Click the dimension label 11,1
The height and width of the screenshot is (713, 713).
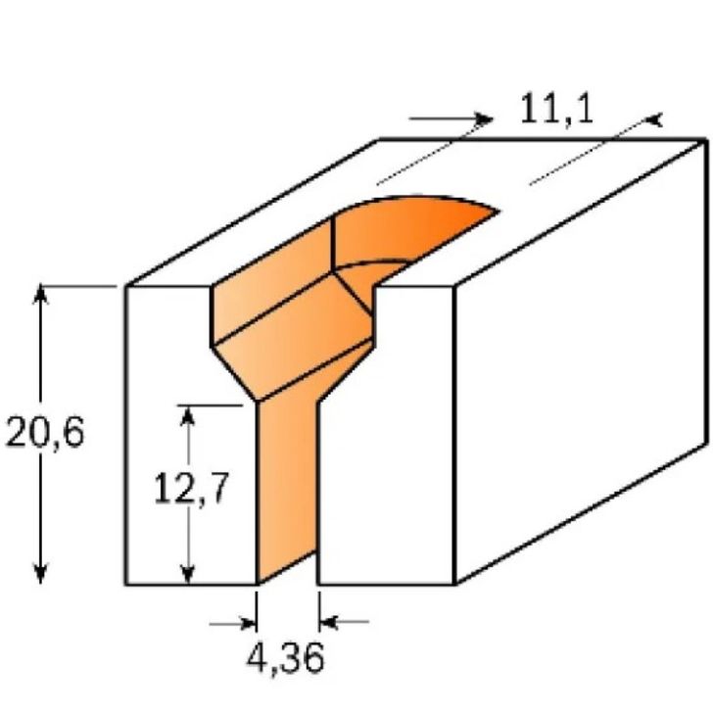pyautogui.click(x=555, y=108)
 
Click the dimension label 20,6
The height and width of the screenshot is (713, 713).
pyautogui.click(x=45, y=432)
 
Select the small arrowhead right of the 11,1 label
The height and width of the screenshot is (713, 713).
pyautogui.click(x=653, y=120)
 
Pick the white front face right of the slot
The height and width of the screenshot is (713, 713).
pyautogui.click(x=387, y=441)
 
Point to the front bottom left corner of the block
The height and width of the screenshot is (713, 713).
pyautogui.click(x=126, y=585)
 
